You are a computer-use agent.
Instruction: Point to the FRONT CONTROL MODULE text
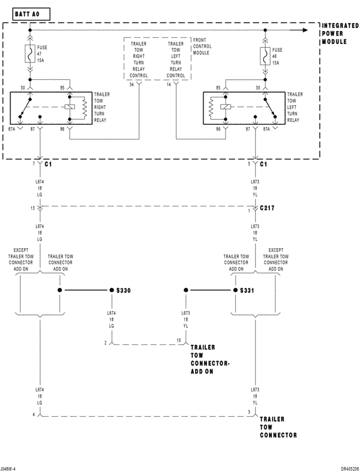click(x=201, y=47)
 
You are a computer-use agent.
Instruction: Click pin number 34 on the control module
click(x=131, y=84)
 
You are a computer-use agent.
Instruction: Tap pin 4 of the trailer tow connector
click(x=34, y=415)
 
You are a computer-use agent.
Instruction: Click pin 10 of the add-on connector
click(x=178, y=340)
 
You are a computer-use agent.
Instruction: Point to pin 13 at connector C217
click(x=33, y=208)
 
